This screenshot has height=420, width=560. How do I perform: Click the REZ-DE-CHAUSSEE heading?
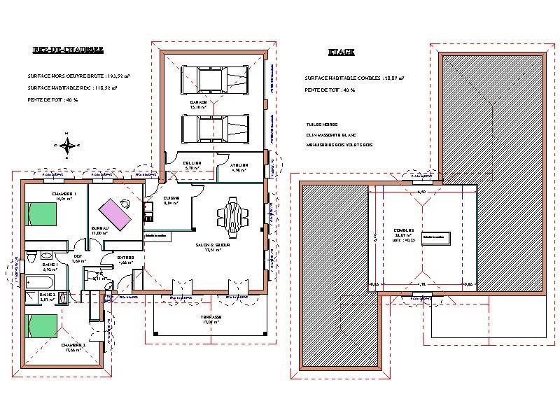[x=68, y=50]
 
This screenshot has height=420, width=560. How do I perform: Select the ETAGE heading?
[x=341, y=52]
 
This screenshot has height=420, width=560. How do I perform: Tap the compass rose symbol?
[x=67, y=145]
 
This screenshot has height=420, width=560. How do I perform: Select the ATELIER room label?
[x=240, y=164]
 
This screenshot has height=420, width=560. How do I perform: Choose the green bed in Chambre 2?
[x=41, y=327]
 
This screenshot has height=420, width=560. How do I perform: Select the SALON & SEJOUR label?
[x=213, y=245]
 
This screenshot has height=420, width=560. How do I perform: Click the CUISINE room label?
[x=171, y=199]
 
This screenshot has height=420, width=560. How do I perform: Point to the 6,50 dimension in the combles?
[x=421, y=191]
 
